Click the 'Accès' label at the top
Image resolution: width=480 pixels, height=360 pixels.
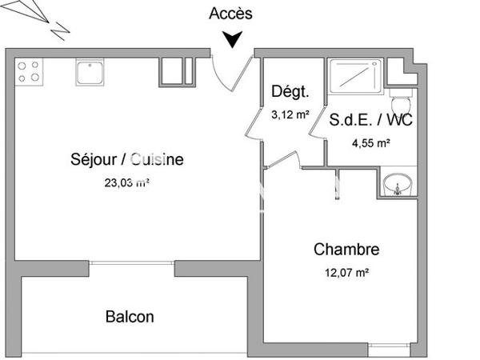[230, 13]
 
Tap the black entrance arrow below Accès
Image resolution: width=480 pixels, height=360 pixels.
[233, 39]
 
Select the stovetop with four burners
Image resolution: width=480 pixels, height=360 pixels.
[29, 72]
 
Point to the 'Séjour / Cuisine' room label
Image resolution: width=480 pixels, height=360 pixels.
[126, 159]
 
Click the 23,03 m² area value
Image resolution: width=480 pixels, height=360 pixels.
[126, 182]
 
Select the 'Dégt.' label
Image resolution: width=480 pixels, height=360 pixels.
[290, 91]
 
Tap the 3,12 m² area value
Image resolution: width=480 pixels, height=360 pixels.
[290, 114]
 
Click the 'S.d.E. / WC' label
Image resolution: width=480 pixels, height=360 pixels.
[371, 122]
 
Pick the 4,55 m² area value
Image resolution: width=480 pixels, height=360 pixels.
[371, 144]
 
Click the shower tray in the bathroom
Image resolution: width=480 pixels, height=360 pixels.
[356, 74]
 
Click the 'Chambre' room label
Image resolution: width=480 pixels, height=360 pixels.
[346, 250]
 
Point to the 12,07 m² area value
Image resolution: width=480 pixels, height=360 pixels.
[346, 273]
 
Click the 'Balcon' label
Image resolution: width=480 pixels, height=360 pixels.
[130, 317]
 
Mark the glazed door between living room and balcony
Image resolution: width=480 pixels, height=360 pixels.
[132, 262]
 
